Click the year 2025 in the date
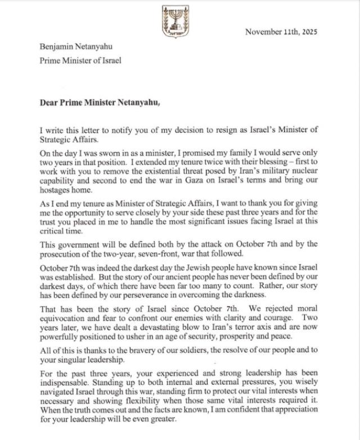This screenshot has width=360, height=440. coord(309,32)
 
